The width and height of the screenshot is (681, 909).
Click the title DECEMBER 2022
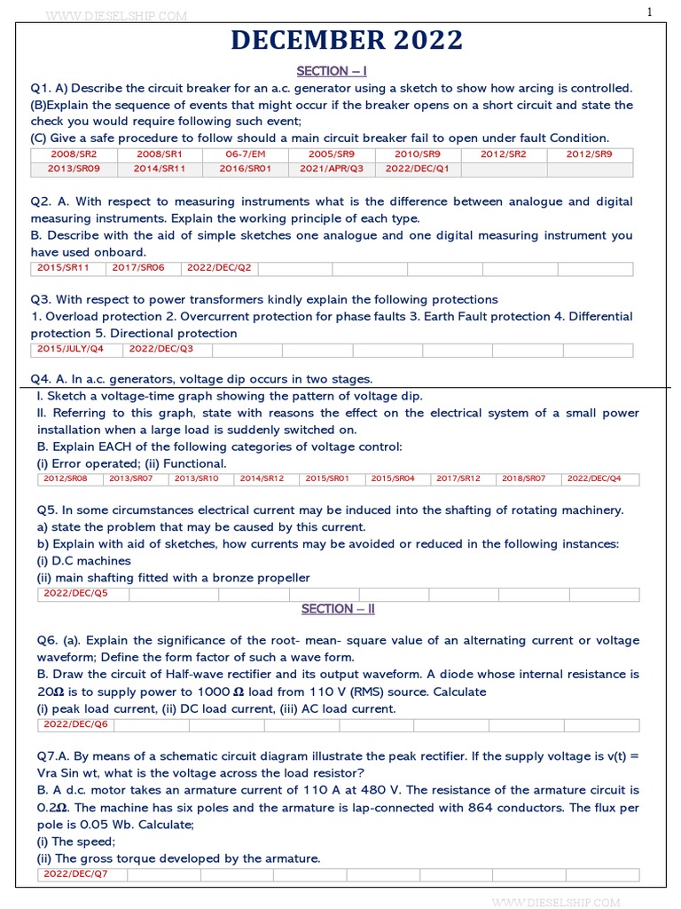click(347, 41)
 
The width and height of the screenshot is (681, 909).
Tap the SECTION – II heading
click(338, 609)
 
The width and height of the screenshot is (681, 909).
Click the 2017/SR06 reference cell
click(138, 267)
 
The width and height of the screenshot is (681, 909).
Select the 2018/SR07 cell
click(523, 478)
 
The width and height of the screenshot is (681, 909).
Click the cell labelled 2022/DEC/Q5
click(76, 593)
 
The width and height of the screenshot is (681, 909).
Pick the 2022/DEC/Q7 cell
click(76, 874)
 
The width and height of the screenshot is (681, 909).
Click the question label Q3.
click(41, 299)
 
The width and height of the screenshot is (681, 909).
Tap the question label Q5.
click(48, 510)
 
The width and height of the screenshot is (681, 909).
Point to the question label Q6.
click(48, 640)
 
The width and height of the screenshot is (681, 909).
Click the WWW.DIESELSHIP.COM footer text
click(555, 902)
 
